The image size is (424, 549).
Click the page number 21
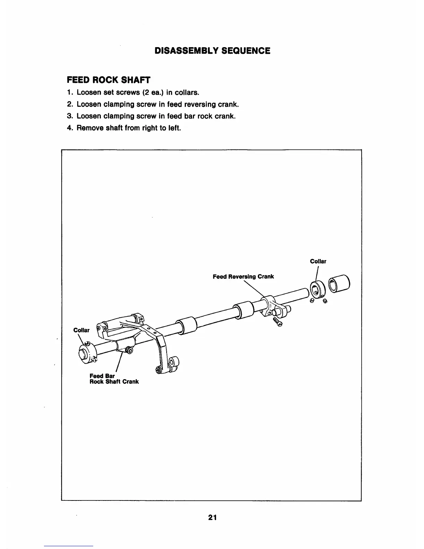pos(212,517)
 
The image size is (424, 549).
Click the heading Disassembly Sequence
pos(212,51)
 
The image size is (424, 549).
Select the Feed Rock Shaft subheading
pos(108,80)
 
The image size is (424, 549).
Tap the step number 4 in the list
pos(69,128)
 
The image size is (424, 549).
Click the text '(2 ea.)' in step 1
pos(151,93)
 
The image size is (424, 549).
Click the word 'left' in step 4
pos(173,128)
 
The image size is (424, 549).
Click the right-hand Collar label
pos(318,261)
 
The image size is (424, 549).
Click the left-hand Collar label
pos(81,330)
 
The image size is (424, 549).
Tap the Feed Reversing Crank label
pos(243,277)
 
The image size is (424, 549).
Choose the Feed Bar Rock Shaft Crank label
pos(114,378)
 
